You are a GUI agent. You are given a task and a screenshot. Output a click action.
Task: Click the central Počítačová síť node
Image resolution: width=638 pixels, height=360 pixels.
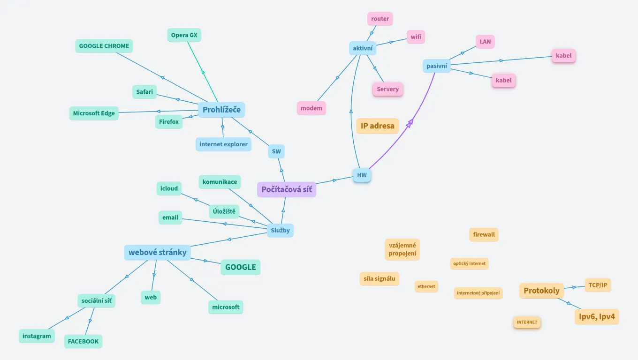[287, 189]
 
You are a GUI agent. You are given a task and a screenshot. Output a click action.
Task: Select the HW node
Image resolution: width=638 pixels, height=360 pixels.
[362, 175]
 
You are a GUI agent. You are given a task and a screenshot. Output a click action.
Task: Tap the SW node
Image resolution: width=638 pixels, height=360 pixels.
[276, 151]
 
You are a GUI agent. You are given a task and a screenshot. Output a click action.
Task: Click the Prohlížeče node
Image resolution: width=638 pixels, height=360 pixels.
[221, 110]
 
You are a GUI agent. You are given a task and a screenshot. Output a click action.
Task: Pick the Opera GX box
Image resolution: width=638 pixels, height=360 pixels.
[184, 35]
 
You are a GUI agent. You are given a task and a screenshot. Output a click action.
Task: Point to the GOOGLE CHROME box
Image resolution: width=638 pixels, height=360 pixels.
[104, 46]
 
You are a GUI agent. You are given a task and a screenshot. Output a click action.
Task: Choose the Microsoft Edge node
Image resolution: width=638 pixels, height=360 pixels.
[94, 113]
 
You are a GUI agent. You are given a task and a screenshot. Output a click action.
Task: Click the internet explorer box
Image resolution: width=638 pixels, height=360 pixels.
[223, 144]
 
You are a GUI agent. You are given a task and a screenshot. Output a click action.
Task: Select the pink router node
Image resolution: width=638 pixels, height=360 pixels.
[380, 19]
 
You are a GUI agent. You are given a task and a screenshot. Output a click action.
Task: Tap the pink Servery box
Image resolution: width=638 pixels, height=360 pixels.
[387, 89]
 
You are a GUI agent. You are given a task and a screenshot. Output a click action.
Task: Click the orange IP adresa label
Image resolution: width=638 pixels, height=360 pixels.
[377, 126]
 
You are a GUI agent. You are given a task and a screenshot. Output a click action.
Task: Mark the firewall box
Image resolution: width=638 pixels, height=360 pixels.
[484, 234]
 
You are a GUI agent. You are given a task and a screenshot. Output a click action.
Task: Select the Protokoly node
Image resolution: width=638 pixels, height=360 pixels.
[541, 291]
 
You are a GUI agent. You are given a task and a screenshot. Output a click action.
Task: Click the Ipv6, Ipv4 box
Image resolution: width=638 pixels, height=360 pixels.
[597, 316]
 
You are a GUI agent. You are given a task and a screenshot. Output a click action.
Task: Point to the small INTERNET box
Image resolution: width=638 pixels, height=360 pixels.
[527, 322]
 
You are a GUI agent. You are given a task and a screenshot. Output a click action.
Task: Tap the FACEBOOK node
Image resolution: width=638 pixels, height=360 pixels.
[83, 341]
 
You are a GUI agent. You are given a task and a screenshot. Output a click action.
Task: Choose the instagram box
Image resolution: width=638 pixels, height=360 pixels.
[37, 336]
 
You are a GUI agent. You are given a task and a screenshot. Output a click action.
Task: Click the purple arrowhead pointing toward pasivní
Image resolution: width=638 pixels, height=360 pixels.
[410, 123]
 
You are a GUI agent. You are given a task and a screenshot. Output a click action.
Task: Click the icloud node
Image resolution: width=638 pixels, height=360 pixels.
[169, 188]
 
